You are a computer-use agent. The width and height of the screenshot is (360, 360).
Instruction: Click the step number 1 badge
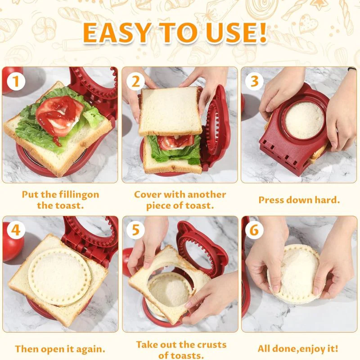(x=16, y=81)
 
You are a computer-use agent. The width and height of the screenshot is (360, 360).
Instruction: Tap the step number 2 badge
(x=135, y=81)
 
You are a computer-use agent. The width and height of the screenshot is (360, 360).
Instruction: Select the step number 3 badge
(x=254, y=81)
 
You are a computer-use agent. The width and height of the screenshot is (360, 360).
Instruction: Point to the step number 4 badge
(x=16, y=230)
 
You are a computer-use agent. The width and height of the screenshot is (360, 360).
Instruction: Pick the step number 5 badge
(x=135, y=230)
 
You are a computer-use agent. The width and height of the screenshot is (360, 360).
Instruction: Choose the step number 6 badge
(x=254, y=230)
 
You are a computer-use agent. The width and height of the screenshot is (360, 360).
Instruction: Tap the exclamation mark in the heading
(x=262, y=32)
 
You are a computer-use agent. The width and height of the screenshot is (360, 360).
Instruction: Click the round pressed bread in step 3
(x=304, y=120)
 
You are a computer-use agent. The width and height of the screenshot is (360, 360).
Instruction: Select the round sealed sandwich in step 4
(x=58, y=277)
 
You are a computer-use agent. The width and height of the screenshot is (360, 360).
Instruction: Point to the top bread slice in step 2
(x=171, y=111)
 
